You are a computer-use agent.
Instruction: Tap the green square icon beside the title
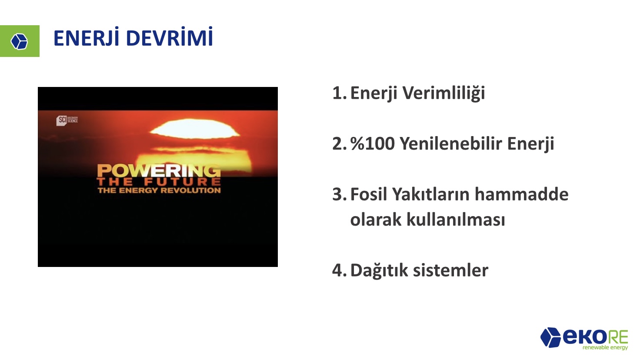pos(20,41)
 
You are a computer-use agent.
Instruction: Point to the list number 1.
pos(339,93)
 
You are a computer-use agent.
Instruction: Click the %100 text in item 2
pos(373,143)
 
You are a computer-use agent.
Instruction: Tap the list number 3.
pos(339,194)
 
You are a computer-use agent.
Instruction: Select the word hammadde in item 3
pos(521,194)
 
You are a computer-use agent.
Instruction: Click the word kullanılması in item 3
pos(456,220)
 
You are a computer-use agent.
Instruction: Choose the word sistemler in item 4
pos(451,270)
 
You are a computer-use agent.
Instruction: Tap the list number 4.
pos(339,270)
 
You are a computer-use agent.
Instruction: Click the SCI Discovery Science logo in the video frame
pos(67,120)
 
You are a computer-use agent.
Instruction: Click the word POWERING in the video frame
pos(159,171)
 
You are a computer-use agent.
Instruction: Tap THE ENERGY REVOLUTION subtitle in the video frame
pos(159,190)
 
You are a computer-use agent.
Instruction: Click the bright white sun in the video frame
pos(195,129)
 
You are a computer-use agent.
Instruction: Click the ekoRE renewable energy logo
pos(584,339)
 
